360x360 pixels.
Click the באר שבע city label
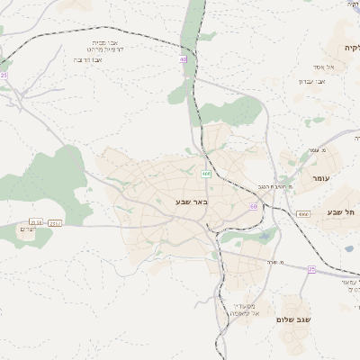[191, 202]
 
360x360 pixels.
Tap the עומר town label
[319, 179]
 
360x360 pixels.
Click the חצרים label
[29, 229]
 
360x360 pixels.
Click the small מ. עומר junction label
[316, 150]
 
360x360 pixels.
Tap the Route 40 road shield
[183, 59]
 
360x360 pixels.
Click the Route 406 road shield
[206, 174]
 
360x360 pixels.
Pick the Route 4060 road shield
[302, 213]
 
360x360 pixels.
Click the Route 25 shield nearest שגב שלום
[311, 269]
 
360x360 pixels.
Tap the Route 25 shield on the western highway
[4, 76]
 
